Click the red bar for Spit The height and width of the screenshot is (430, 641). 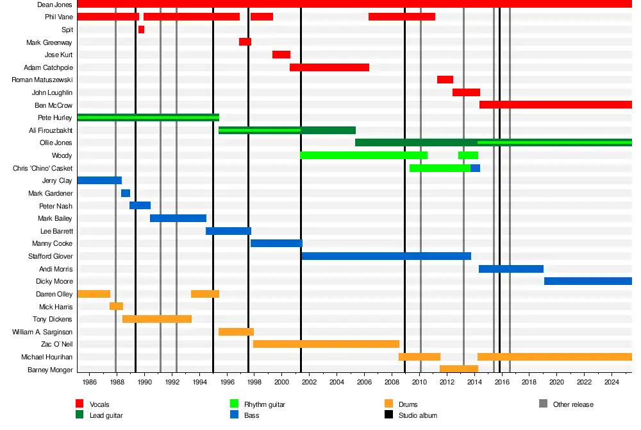point(141,30)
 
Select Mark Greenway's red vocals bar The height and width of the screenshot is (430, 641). point(245,42)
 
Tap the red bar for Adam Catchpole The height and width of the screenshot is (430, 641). point(329,67)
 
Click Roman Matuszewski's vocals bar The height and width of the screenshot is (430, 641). point(445,80)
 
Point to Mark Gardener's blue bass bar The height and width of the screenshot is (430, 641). point(126,193)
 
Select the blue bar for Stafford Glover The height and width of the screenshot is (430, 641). point(386,256)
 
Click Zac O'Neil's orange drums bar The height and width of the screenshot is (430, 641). point(326,344)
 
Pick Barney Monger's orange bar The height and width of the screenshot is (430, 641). point(459,369)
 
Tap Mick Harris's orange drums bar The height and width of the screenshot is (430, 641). point(116,307)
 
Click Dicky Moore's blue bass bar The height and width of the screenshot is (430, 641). point(588,281)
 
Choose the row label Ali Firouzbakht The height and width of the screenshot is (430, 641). point(51,130)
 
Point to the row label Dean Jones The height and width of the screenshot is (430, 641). point(54,4)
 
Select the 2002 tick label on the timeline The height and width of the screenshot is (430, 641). point(309,383)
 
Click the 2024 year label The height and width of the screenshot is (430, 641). point(612,383)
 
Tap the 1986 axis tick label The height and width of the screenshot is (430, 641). point(89,383)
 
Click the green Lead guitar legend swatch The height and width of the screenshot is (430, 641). point(79,415)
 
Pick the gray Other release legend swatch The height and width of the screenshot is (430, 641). point(544,404)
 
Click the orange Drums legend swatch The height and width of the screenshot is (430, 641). point(388,404)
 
